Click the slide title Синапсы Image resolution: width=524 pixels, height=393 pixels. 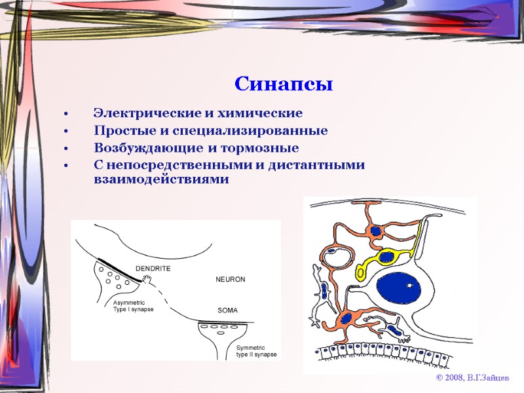click(284, 84)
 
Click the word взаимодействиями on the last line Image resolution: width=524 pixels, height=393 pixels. click(161, 179)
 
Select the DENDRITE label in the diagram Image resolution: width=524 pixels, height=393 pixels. click(153, 269)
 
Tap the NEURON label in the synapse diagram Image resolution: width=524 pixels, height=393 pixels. click(230, 279)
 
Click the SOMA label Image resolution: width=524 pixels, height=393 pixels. click(227, 310)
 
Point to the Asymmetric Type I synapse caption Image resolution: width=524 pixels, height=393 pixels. click(133, 306)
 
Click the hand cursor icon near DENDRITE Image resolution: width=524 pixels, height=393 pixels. click(147, 280)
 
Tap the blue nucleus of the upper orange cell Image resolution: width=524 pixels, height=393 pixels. click(375, 231)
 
